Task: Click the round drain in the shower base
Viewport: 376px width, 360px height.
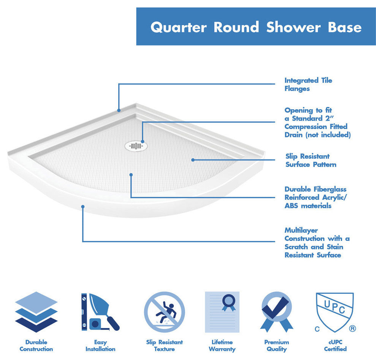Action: coord(135,145)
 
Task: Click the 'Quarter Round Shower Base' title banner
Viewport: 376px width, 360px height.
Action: coord(256,27)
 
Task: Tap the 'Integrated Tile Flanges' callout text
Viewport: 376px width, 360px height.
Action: coord(308,84)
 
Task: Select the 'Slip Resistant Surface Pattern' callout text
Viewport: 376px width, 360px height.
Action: coord(311,160)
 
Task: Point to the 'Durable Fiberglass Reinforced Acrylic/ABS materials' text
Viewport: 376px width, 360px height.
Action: coord(315,197)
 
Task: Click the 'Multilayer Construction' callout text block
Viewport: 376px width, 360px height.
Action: coord(317,242)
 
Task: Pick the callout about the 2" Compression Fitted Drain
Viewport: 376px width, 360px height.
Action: coord(317,123)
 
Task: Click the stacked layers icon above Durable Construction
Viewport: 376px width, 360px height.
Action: coord(36,312)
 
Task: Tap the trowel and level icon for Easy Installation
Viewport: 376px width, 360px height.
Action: coord(100,312)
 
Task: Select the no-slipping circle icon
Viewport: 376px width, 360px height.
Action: coord(164,312)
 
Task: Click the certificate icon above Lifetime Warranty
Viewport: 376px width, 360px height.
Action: coord(222,312)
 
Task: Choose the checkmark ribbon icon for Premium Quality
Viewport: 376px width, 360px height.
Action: coord(276,312)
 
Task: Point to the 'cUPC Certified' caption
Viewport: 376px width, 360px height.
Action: coord(335,345)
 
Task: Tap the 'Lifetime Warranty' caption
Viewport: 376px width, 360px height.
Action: coord(222,345)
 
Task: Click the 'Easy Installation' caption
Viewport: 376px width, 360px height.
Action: coord(100,345)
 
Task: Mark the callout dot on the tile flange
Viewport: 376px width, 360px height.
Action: coord(119,110)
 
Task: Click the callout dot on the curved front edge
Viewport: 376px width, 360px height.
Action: coord(82,207)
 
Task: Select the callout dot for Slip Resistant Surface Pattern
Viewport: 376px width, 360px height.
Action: coord(193,160)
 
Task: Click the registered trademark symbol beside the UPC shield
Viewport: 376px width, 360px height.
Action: coord(352,328)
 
